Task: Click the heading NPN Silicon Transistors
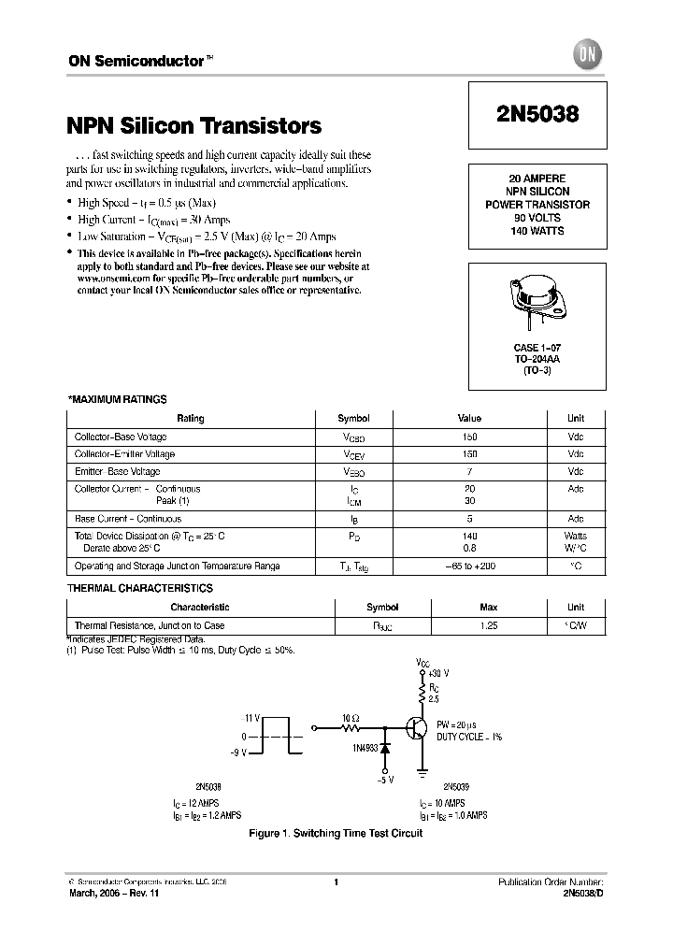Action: coord(194,125)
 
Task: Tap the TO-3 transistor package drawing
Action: coord(537,298)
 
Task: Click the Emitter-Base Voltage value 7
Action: coord(469,471)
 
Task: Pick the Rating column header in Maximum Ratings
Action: coord(191,419)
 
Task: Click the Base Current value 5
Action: coord(469,519)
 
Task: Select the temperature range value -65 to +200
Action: coord(469,566)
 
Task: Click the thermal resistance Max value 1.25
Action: coord(469,625)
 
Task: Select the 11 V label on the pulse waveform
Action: coord(251,717)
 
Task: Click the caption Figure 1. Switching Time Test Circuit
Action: coord(335,833)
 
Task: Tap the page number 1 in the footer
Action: coord(335,881)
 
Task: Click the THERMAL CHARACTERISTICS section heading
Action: coord(140,588)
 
